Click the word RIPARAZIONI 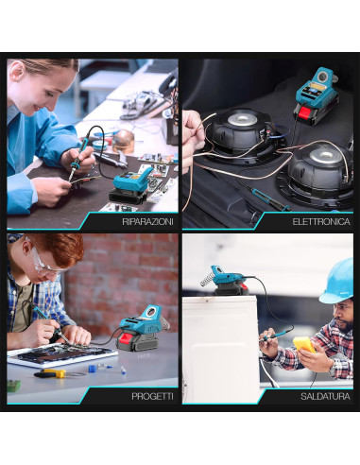tap(147, 221)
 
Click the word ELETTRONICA tap(320, 221)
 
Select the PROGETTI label tap(151, 397)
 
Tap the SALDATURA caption tap(324, 397)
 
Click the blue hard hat tap(337, 282)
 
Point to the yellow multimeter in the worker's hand tap(304, 344)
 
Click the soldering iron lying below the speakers tap(268, 197)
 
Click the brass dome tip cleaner tap(123, 140)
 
